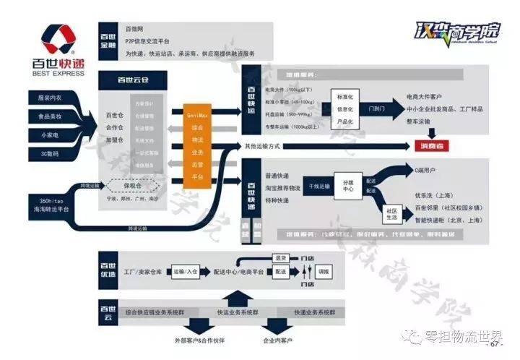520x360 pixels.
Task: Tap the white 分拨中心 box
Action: click(348, 184)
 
